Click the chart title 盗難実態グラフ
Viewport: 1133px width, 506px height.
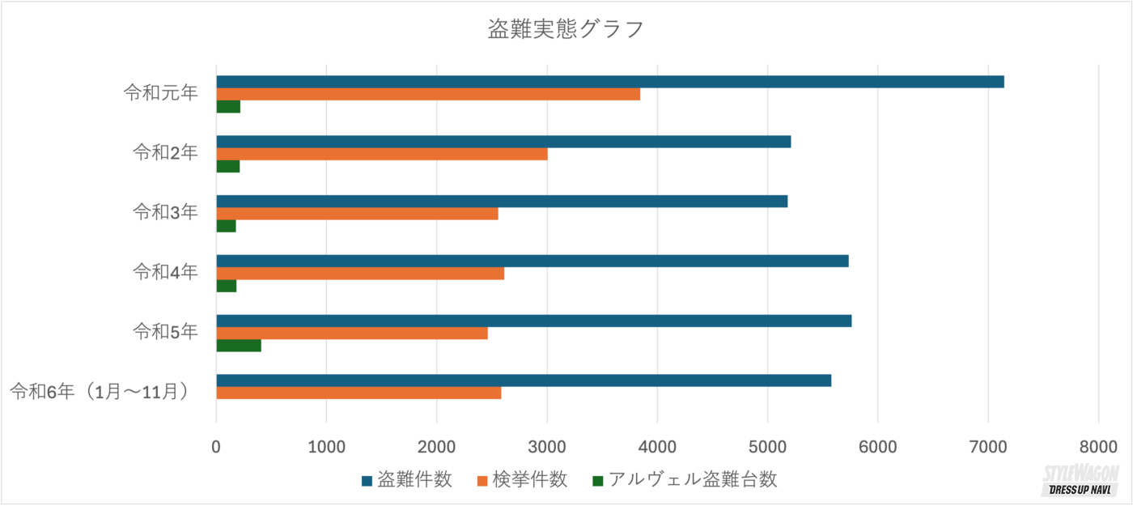point(566,30)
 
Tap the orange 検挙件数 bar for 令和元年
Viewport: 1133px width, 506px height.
point(428,94)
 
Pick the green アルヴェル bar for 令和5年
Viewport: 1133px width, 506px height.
point(239,346)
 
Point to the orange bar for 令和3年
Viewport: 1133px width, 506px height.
point(357,214)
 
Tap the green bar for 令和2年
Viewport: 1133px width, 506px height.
point(228,166)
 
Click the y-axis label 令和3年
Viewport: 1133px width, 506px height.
point(165,212)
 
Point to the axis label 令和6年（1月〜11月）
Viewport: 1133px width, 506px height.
point(102,392)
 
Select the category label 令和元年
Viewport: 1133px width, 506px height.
point(160,92)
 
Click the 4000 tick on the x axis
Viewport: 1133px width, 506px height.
point(657,447)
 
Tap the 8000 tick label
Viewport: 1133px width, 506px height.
point(1097,447)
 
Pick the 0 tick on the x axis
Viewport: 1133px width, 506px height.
point(216,447)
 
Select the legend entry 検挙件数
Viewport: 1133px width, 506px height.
point(523,479)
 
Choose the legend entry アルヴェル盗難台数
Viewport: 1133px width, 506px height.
point(685,479)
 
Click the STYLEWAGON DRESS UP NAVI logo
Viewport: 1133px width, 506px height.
point(1080,482)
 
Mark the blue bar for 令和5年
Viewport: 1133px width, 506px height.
point(533,321)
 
